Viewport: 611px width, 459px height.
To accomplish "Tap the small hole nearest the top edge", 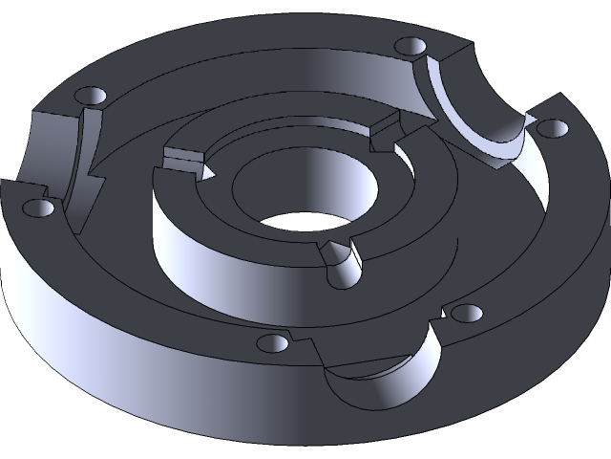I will pyautogui.click(x=410, y=46).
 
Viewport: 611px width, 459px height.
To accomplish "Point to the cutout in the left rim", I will pyautogui.click(x=53, y=153).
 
